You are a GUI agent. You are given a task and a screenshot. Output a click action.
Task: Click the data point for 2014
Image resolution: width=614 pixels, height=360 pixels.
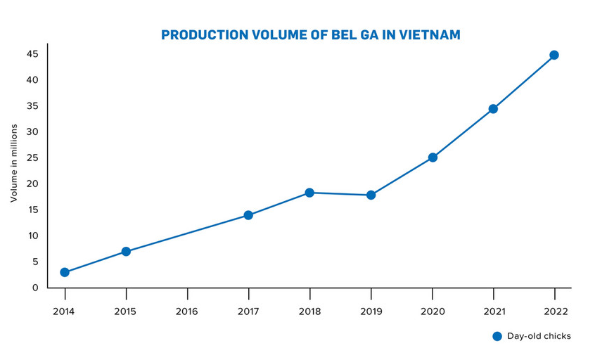tap(65, 272)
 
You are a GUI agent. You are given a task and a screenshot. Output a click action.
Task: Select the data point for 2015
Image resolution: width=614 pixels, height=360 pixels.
tap(126, 252)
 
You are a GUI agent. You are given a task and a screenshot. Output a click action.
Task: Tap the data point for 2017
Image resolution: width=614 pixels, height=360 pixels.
tap(248, 215)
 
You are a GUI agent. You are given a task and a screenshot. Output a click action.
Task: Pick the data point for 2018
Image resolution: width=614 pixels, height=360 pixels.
tap(309, 193)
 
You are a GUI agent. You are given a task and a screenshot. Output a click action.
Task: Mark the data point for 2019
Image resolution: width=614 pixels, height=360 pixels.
tap(371, 195)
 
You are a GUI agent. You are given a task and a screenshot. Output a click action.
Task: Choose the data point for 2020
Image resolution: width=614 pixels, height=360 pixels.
tap(433, 157)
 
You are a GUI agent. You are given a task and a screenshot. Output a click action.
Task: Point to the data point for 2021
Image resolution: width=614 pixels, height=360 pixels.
tap(493, 109)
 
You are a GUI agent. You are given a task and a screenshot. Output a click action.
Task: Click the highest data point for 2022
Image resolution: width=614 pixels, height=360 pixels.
tap(554, 55)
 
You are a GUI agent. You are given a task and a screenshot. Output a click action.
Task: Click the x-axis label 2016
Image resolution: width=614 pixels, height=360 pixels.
tap(187, 311)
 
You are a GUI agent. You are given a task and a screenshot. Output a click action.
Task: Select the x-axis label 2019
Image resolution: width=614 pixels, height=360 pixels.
tap(371, 311)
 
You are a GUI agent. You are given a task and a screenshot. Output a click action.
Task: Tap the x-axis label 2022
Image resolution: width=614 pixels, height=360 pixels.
tap(554, 311)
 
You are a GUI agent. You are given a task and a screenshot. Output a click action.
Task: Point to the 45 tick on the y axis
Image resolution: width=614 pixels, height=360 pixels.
tap(32, 54)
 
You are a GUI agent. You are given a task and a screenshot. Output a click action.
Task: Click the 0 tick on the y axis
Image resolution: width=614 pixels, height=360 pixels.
tap(34, 288)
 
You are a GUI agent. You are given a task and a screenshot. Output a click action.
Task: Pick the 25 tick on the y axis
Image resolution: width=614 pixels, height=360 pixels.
tap(32, 157)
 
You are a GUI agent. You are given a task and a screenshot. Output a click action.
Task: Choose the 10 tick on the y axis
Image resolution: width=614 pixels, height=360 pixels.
tap(32, 236)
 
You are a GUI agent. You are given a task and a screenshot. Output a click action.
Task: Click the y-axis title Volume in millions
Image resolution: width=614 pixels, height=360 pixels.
tap(13, 163)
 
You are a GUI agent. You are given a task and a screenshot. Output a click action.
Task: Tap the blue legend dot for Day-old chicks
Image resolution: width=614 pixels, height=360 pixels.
tap(497, 336)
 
